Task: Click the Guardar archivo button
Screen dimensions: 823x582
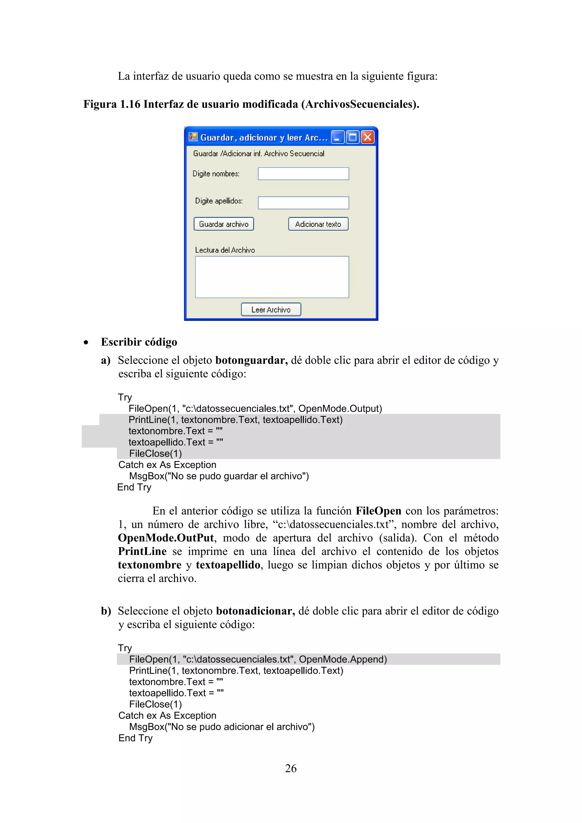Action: [x=224, y=224]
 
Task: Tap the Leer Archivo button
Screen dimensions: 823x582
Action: [x=271, y=309]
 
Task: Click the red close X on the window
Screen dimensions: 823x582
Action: [x=368, y=137]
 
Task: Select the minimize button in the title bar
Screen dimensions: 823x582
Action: [x=337, y=137]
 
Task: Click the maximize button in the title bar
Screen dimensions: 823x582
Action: [x=353, y=137]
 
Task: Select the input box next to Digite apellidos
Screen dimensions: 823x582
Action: [x=303, y=203]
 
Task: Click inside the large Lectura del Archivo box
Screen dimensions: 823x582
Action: [x=272, y=277]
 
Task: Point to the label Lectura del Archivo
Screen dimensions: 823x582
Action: [x=225, y=250]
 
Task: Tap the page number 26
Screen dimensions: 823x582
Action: [x=291, y=768]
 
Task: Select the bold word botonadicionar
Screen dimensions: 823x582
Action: [x=255, y=611]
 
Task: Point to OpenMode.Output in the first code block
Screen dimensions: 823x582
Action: [x=340, y=409]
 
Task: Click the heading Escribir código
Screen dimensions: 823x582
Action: [x=139, y=342]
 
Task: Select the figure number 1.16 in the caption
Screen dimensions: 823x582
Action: [x=130, y=104]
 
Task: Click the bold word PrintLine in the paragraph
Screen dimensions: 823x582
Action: [x=142, y=551]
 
